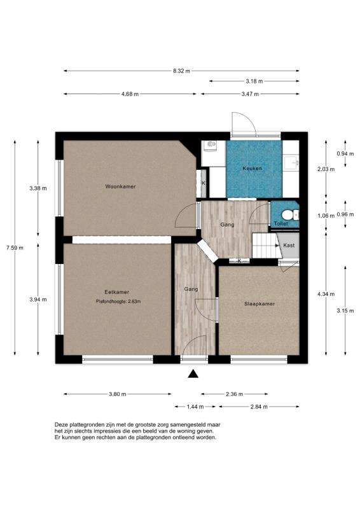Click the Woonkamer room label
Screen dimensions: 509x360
tap(121, 186)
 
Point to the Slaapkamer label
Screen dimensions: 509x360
tap(260, 304)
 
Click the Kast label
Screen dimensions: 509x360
tap(288, 244)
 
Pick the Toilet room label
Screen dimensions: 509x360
tap(280, 224)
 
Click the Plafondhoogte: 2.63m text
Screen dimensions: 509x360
tap(118, 301)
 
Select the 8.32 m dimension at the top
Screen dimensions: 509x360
tap(181, 71)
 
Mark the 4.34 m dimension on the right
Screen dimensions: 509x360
tap(326, 294)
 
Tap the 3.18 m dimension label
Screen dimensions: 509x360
tap(254, 81)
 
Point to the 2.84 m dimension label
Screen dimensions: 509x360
tap(258, 407)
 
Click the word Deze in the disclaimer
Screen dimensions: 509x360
tap(61, 424)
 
